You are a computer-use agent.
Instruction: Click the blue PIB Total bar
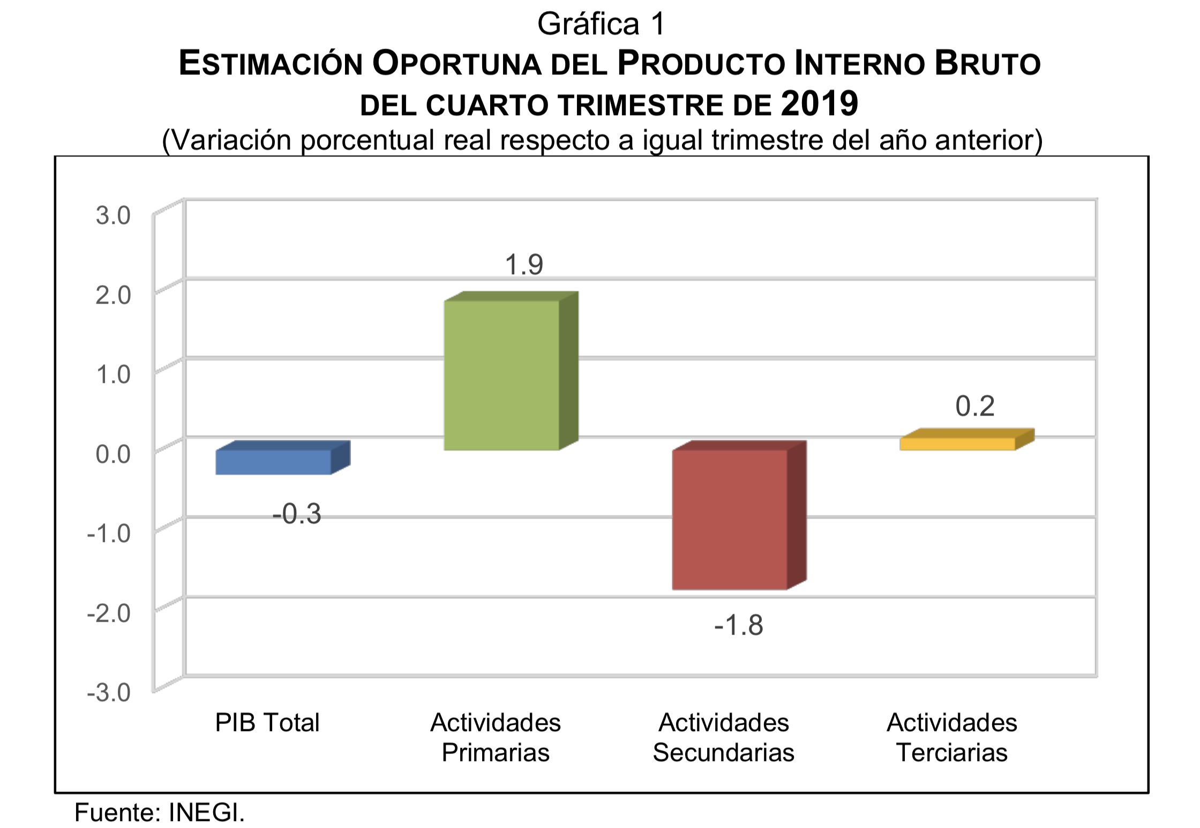pyautogui.click(x=274, y=462)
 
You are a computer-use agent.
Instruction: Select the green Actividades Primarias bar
pyautogui.click(x=502, y=375)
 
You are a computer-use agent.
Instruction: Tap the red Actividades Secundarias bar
pyautogui.click(x=730, y=519)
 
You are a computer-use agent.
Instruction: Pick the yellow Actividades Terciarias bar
pyautogui.click(x=957, y=443)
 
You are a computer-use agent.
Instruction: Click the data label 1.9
pyautogui.click(x=524, y=265)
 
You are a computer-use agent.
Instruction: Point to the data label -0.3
pyautogui.click(x=297, y=514)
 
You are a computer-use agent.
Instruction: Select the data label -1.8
pyautogui.click(x=738, y=625)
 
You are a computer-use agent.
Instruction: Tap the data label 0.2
pyautogui.click(x=975, y=406)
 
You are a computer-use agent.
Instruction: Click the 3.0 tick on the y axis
pyautogui.click(x=113, y=215)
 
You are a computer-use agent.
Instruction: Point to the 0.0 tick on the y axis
pyautogui.click(x=113, y=454)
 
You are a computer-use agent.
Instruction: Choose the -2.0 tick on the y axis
pyautogui.click(x=109, y=613)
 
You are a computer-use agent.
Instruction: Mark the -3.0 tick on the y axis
pyautogui.click(x=109, y=692)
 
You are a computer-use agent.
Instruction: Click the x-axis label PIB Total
pyautogui.click(x=267, y=722)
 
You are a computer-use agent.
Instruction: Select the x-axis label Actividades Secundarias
pyautogui.click(x=723, y=737)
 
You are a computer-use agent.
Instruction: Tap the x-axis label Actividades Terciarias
pyautogui.click(x=951, y=737)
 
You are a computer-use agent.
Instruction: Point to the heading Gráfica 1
pyautogui.click(x=601, y=24)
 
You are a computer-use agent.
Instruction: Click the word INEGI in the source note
pyautogui.click(x=206, y=812)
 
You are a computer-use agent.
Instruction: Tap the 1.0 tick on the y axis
pyautogui.click(x=113, y=374)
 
